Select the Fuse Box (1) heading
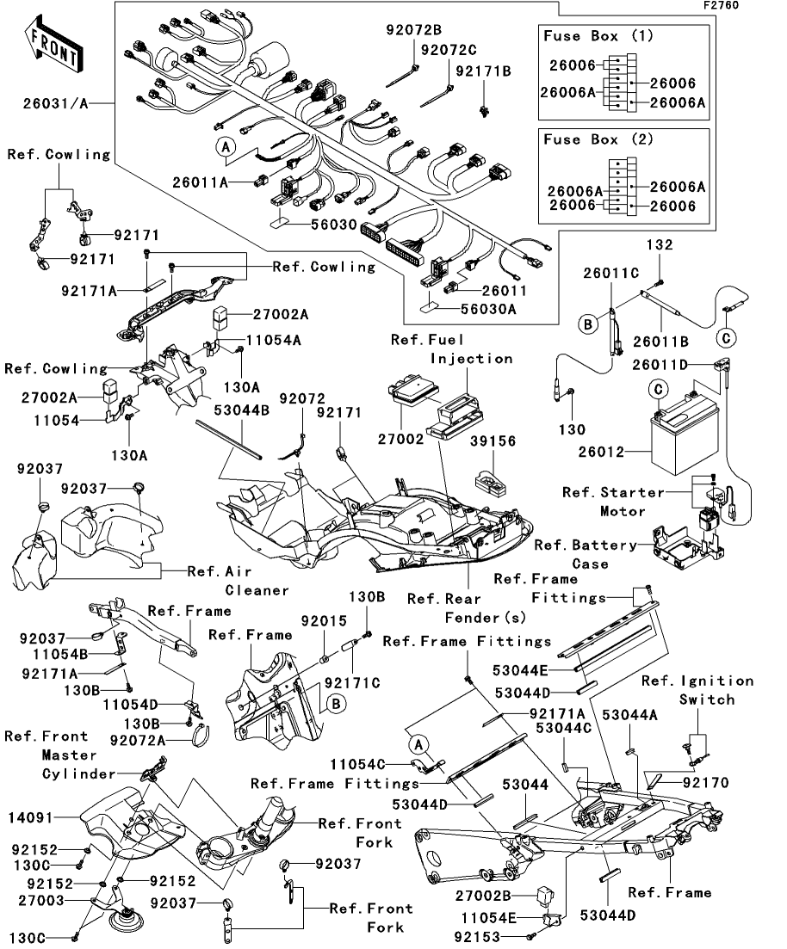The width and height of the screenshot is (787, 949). click(x=598, y=36)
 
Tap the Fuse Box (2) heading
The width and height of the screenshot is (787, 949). click(x=598, y=139)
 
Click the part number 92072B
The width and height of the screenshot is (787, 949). click(x=412, y=32)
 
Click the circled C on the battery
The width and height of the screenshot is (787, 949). click(x=658, y=390)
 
